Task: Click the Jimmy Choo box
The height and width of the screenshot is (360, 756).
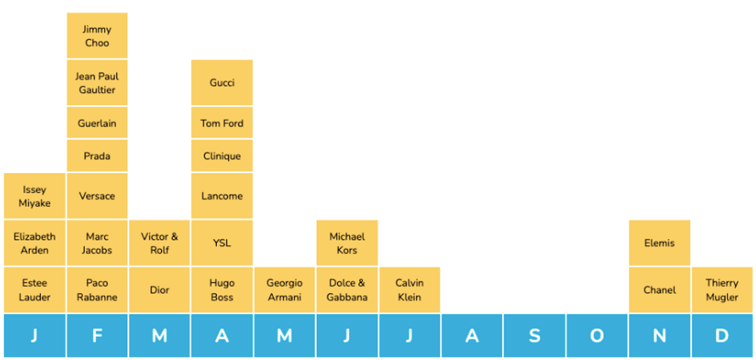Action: pyautogui.click(x=97, y=36)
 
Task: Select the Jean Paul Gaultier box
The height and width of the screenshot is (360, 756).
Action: pyautogui.click(x=97, y=82)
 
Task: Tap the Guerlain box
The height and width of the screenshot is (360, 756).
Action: pyautogui.click(x=97, y=123)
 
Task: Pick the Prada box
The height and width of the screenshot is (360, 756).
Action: pyautogui.click(x=97, y=156)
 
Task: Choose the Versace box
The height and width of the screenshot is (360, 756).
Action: pyautogui.click(x=97, y=196)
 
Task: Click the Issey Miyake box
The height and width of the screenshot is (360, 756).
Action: pyautogui.click(x=34, y=196)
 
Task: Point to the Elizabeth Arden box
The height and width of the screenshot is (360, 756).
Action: pyautogui.click(x=34, y=243)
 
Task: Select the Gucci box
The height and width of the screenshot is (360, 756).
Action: pyautogui.click(x=222, y=82)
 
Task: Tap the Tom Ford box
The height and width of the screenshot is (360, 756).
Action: pyautogui.click(x=222, y=123)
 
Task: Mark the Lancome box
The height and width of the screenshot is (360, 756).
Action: pyautogui.click(x=222, y=196)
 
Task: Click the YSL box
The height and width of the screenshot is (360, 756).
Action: pyautogui.click(x=222, y=243)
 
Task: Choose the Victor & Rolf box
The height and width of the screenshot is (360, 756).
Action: pyautogui.click(x=160, y=243)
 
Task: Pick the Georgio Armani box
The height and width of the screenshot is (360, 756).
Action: pyautogui.click(x=284, y=290)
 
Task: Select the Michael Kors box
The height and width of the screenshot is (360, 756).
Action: pyautogui.click(x=347, y=243)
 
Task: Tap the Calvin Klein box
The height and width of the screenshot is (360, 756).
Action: pyautogui.click(x=409, y=290)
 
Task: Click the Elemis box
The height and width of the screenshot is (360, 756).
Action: pyautogui.click(x=659, y=243)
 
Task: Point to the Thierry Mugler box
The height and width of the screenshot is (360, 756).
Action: pyautogui.click(x=722, y=290)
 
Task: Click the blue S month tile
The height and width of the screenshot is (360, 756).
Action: pyautogui.click(x=534, y=336)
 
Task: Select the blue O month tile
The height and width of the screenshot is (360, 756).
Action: pyautogui.click(x=596, y=336)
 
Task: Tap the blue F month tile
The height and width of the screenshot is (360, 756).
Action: pyautogui.click(x=97, y=336)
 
